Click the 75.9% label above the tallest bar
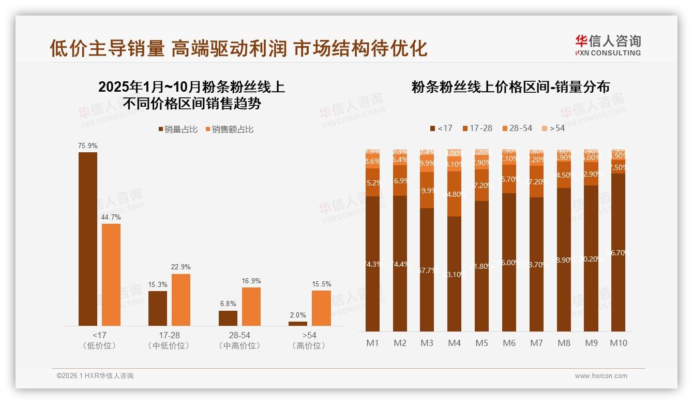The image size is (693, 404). coord(88,146)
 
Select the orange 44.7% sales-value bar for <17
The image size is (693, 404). coord(111,275)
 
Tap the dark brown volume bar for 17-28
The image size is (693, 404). coord(158,308)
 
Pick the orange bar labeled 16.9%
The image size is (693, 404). coord(251,306)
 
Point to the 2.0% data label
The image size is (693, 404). coord(298,315)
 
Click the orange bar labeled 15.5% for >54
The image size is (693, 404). coord(321,308)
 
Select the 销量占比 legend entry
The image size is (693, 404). coord(178,129)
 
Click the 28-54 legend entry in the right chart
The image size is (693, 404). coord(517,128)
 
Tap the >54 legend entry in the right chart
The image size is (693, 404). coord(553,128)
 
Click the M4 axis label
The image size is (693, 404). coord(455,343)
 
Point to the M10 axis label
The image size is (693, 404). coord(618,343)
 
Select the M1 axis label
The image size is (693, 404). coord(372,343)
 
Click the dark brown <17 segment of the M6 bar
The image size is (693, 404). coord(509,262)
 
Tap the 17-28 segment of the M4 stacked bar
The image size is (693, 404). coord(455,194)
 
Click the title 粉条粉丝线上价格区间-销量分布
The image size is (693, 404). coord(510,87)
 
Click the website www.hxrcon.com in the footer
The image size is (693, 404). coord(601,376)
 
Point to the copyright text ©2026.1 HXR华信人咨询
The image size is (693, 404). coord(95,376)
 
